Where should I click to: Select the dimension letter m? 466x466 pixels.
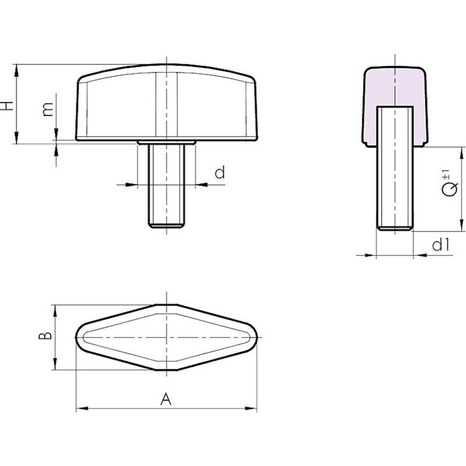pyautogui.click(x=47, y=109)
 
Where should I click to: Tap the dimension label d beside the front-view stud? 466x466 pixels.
pyautogui.click(x=220, y=173)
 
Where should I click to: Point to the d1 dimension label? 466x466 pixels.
pyautogui.click(x=441, y=245)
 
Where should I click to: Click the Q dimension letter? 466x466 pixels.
pyautogui.click(x=450, y=189)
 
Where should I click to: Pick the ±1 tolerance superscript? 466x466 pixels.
pyautogui.click(x=446, y=174)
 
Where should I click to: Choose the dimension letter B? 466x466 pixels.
pyautogui.click(x=46, y=336)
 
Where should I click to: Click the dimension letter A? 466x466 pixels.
pyautogui.click(x=166, y=399)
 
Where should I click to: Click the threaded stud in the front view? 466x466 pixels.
pyautogui.click(x=166, y=186)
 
